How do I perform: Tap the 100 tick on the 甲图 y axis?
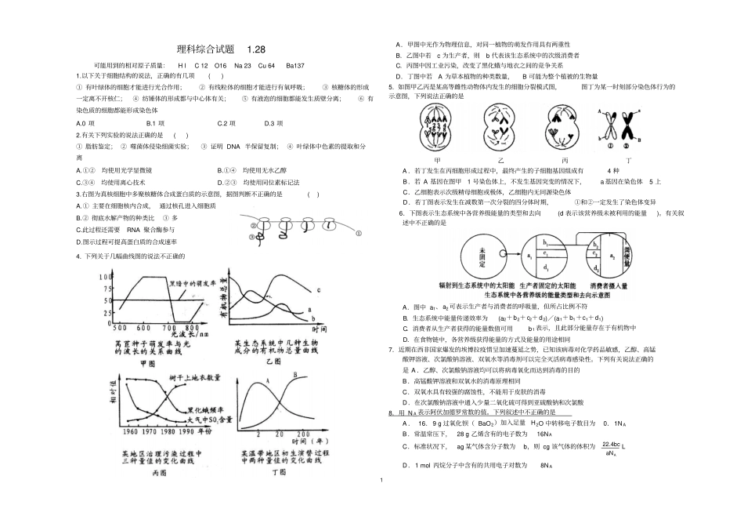107,278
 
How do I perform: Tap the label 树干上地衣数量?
193,379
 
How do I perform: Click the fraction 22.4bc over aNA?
612,449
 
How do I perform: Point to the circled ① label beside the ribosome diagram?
358,233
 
